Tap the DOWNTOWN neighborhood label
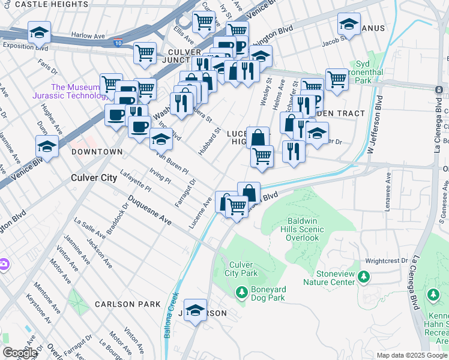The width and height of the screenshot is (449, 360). (x=97, y=152)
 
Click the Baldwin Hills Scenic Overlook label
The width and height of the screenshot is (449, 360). (x=303, y=229)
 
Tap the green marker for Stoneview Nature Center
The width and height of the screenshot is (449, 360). (x=363, y=277)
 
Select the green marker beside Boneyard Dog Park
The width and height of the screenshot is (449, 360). (x=241, y=292)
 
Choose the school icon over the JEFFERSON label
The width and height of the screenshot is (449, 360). (x=195, y=310)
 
